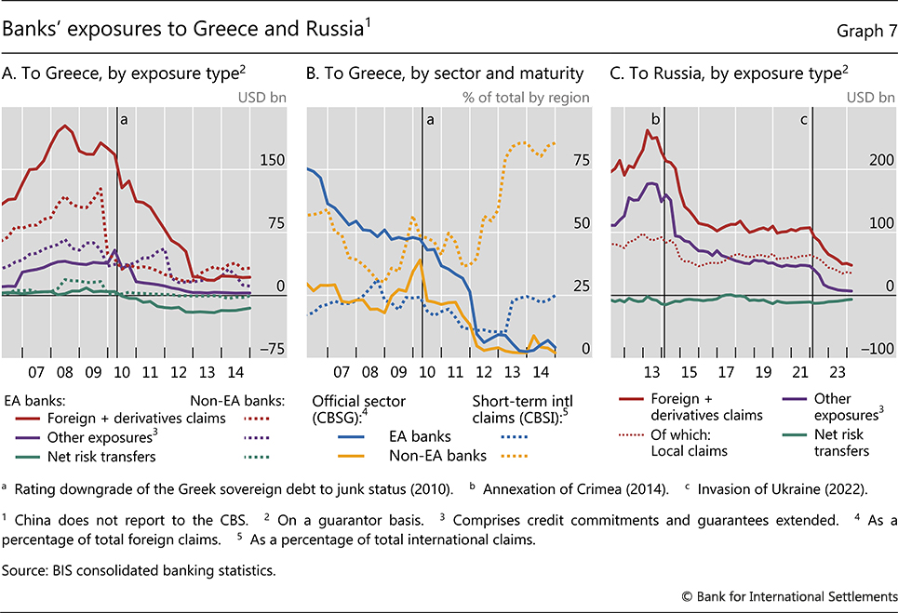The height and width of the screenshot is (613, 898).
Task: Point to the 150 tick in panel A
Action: pyautogui.click(x=273, y=161)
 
